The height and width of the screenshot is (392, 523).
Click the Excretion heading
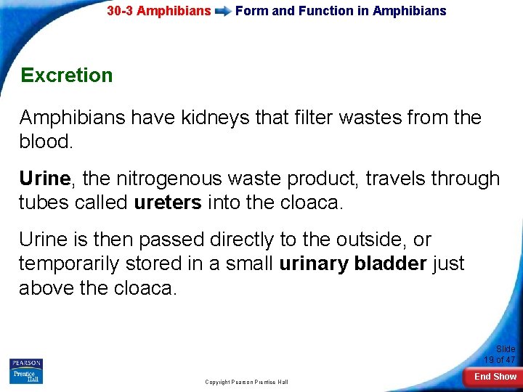tap(67, 75)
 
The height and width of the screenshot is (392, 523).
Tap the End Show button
tap(495, 377)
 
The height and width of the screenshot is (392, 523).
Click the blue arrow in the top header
tap(223, 12)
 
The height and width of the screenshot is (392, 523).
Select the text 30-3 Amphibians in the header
tap(158, 11)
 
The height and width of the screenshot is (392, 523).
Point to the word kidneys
tap(227, 118)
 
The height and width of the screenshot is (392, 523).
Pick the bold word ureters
tap(168, 203)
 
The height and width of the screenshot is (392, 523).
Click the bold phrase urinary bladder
tap(353, 264)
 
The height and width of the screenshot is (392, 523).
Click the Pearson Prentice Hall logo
tap(26, 371)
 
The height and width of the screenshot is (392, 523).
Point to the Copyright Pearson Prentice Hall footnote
tap(246, 382)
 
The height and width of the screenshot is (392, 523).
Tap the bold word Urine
tap(44, 179)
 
